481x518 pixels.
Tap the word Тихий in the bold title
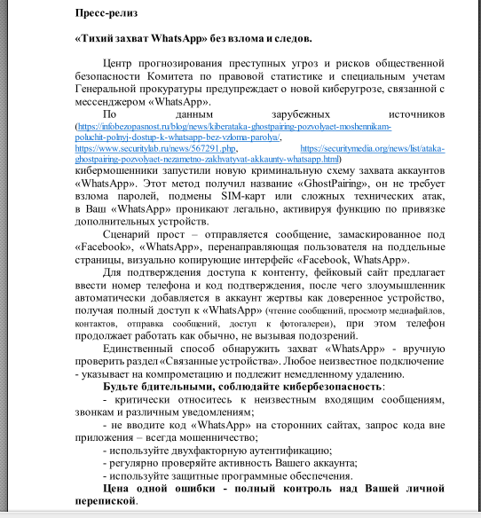tap(98, 41)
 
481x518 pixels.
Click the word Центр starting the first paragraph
tap(121, 65)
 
